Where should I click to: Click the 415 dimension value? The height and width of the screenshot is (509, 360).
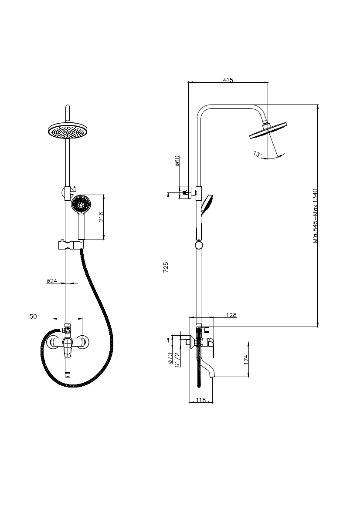pos(228,80)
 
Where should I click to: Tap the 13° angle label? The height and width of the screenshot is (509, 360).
pos(257,154)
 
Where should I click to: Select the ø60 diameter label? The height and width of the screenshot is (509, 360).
pos(177,161)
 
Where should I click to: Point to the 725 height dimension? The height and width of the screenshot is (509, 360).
pos(166,267)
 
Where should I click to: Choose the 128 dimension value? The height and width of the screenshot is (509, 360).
pos(231,315)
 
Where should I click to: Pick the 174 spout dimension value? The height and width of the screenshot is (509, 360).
pos(246,359)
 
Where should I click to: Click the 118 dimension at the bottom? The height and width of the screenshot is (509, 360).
pos(201,400)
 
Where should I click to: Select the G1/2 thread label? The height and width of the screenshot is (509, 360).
pos(177,360)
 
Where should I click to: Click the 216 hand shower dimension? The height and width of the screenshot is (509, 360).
pos(101,216)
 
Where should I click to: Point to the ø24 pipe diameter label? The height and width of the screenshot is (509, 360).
pos(52,281)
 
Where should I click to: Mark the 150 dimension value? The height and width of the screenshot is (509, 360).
pos(32,317)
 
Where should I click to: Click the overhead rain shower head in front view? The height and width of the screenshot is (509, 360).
pos(68,131)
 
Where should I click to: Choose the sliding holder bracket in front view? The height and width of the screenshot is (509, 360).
pos(70,246)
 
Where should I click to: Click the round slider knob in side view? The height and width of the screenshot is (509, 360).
pos(199,245)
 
